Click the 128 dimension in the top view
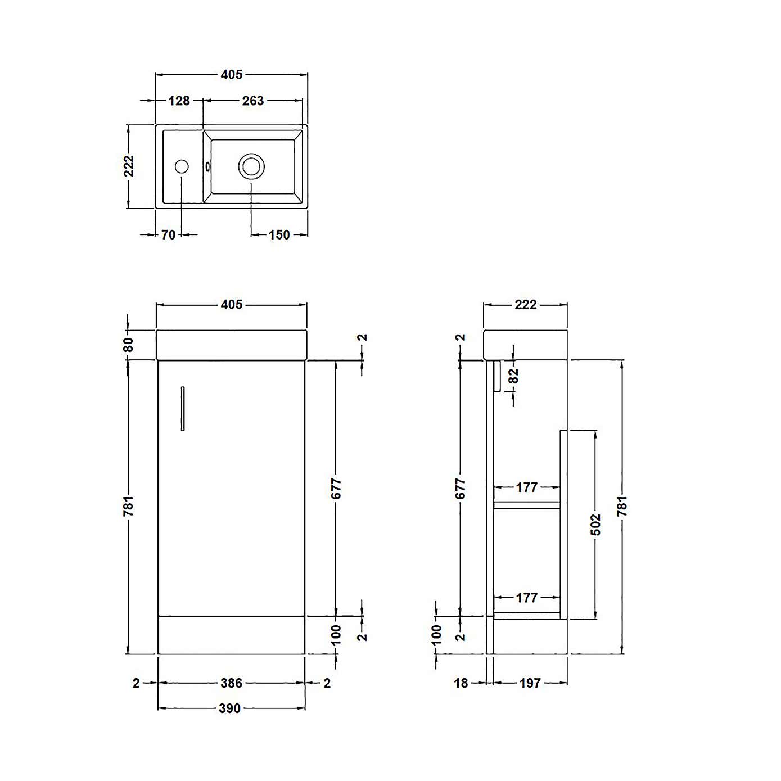(x=179, y=101)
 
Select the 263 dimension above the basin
(x=252, y=101)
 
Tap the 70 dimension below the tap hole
(x=168, y=235)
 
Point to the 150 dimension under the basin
(x=279, y=235)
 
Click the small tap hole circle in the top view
(x=182, y=166)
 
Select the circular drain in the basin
(x=251, y=166)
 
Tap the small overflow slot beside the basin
(x=208, y=166)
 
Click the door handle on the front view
(x=183, y=409)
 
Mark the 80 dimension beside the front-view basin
(x=129, y=344)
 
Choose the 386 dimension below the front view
(x=231, y=683)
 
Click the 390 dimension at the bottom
(x=229, y=708)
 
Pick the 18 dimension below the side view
(x=461, y=683)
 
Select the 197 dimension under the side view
(x=530, y=683)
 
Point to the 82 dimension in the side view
(x=514, y=376)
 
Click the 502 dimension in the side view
(x=596, y=525)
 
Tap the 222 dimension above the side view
(x=525, y=305)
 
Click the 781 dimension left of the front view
(x=129, y=506)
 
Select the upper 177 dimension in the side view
(x=526, y=487)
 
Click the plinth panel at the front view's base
(x=232, y=635)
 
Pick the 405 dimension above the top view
(x=231, y=75)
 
